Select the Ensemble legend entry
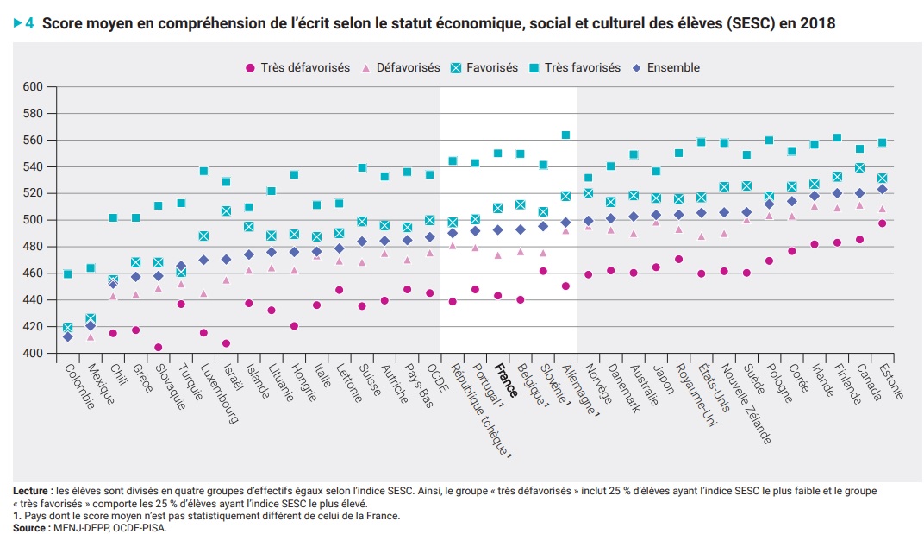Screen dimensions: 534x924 coord(673,67)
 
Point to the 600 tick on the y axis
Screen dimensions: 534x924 coord(33,86)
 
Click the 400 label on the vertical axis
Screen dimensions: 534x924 coord(33,353)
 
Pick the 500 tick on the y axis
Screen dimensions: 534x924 coord(33,220)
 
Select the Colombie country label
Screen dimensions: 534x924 coord(79,386)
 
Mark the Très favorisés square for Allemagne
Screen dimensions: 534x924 coord(565,135)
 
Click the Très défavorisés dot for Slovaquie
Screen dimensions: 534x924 coord(159,348)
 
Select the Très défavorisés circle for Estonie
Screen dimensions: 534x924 coord(881,223)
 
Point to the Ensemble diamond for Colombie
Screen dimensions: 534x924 coord(68,336)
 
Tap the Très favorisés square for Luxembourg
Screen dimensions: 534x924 coord(204,171)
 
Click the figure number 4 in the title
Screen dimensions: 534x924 coord(29,24)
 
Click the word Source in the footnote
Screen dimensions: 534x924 coord(28,527)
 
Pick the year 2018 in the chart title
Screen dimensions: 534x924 coord(816,24)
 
